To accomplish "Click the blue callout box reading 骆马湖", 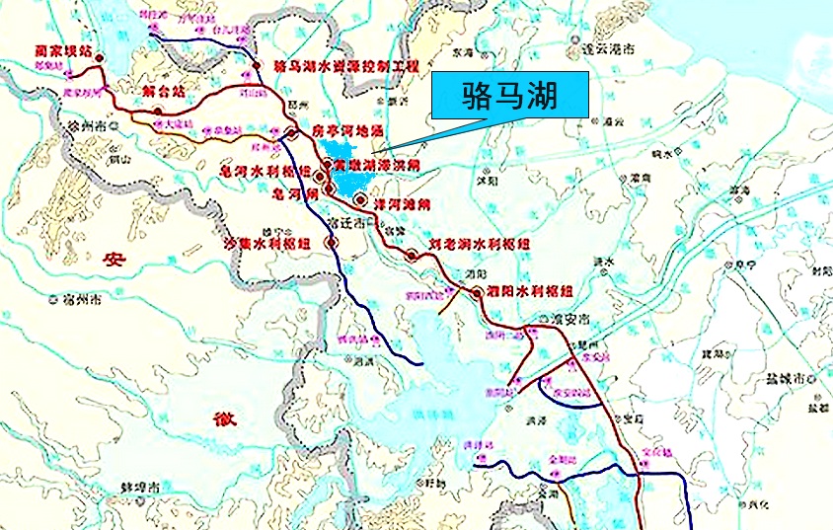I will pyautogui.click(x=511, y=96).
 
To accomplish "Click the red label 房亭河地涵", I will pyautogui.click(x=346, y=128).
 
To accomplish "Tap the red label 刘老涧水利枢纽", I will pyautogui.click(x=479, y=243).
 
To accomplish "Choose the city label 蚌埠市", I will pyautogui.click(x=142, y=487).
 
